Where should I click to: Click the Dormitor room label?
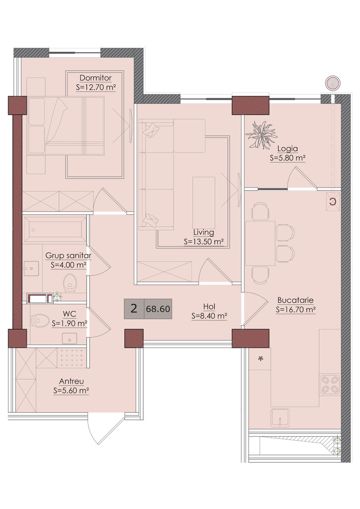point(95,78)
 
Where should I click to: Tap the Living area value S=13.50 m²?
point(204,241)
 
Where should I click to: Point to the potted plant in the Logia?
point(261,135)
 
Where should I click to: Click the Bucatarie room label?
point(296,300)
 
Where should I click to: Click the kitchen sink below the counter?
point(280,418)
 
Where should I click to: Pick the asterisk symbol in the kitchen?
point(261,359)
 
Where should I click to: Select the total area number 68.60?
point(158,309)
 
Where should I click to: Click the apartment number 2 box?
point(134,309)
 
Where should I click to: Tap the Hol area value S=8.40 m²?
point(209,316)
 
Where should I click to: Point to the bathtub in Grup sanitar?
point(55,230)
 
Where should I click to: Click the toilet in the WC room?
point(40,321)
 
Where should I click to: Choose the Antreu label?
point(71,381)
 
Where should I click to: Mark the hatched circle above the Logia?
point(333,83)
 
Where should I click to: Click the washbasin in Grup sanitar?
point(31,268)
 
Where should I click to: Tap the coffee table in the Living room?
point(204,203)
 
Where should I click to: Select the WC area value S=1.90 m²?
point(70,323)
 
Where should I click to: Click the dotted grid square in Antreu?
point(72,357)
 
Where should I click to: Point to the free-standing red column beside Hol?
point(134,338)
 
